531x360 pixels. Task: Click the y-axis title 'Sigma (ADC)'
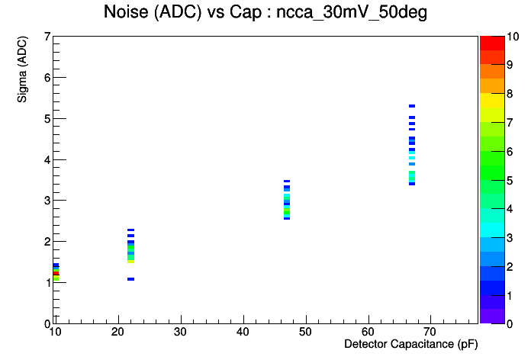22,69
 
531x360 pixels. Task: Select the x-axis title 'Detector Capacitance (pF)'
410,344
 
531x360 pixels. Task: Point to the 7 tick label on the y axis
47,37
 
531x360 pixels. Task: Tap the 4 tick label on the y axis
47,159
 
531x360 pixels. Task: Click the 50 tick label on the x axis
305,332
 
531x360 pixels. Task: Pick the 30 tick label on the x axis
180,332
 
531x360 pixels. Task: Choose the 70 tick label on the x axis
430,332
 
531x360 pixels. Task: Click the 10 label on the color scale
513,37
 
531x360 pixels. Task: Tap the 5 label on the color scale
510,180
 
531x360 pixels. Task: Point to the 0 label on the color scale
510,324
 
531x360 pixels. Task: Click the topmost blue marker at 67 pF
412,106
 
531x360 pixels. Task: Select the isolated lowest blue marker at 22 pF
130,279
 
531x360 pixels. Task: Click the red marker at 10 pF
56,273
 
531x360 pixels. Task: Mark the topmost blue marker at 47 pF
287,182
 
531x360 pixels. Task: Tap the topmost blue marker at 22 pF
130,230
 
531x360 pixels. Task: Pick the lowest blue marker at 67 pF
412,184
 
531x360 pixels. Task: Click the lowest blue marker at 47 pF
287,218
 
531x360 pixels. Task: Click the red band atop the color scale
492,43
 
